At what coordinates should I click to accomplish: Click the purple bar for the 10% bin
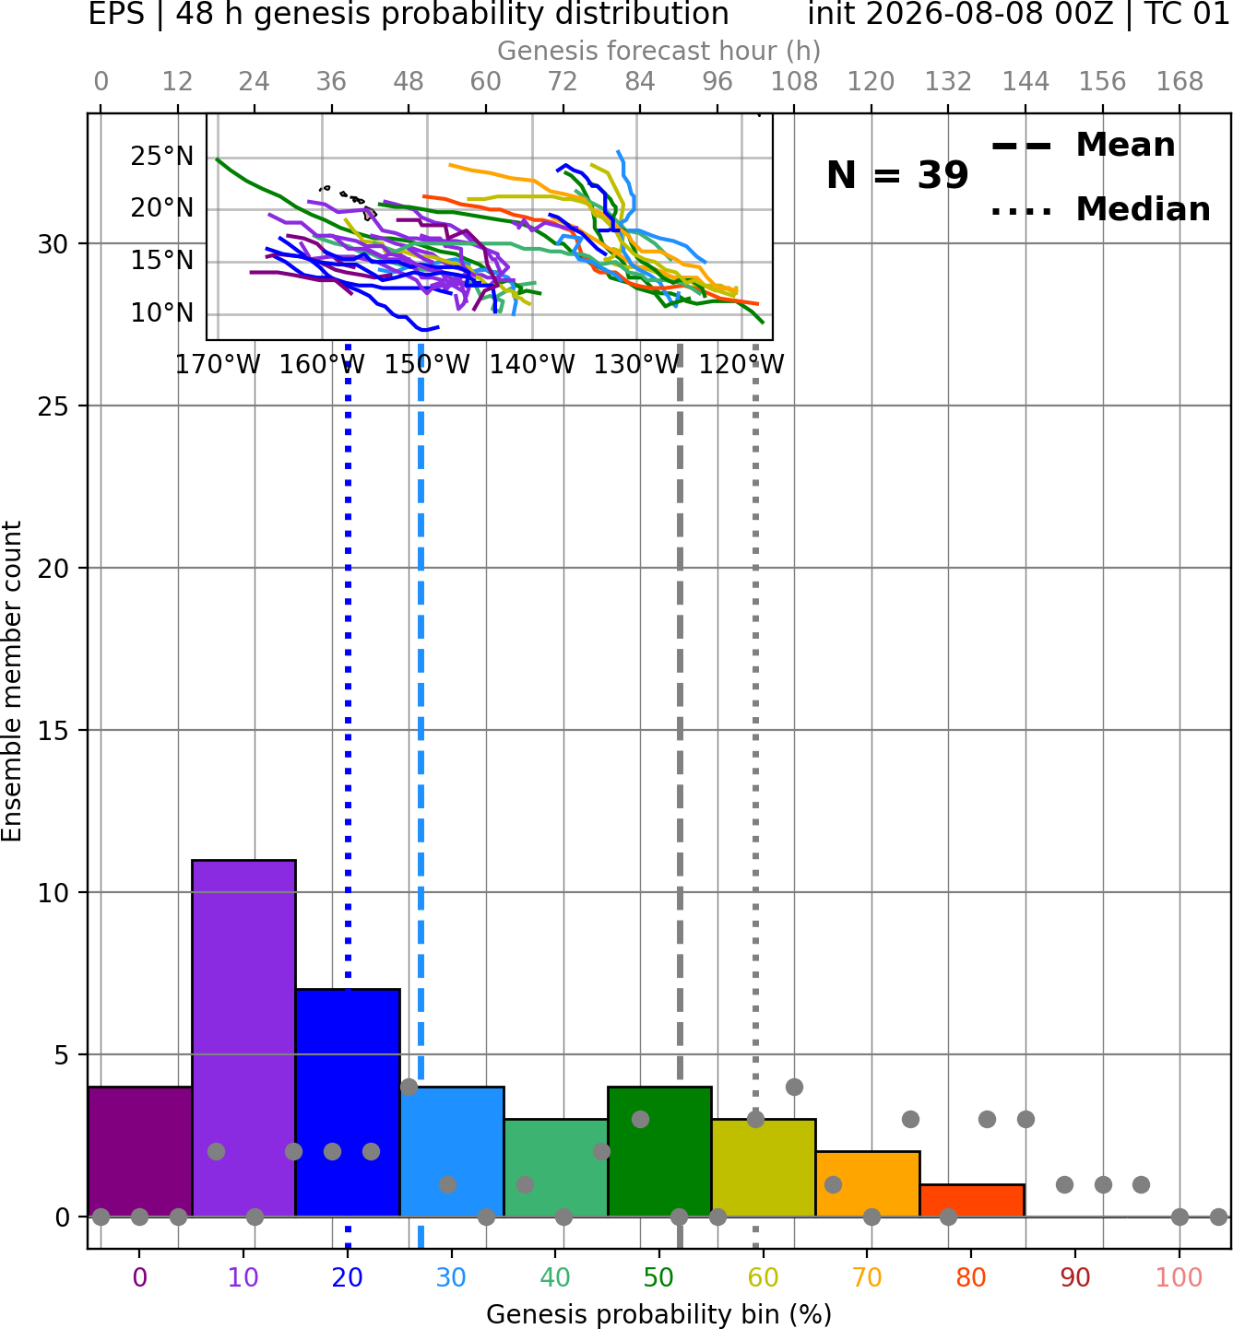(x=243, y=1038)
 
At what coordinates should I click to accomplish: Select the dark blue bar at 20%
(x=349, y=1102)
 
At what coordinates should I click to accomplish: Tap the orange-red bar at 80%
(x=972, y=1201)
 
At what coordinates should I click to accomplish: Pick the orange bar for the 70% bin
(x=868, y=1183)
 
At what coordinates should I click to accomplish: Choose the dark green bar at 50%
(x=659, y=1152)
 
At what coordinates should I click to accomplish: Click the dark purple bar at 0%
(x=140, y=1152)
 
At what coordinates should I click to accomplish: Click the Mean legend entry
(x=1083, y=146)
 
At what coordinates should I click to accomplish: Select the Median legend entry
(x=1100, y=209)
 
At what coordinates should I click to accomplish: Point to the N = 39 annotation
(x=897, y=175)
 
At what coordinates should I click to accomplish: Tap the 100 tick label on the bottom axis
(x=1180, y=1277)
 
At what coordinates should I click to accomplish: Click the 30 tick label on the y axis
(x=53, y=244)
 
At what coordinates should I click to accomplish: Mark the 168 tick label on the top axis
(x=1180, y=82)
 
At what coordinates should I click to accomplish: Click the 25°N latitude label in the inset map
(x=162, y=157)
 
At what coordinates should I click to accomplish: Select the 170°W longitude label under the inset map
(x=218, y=365)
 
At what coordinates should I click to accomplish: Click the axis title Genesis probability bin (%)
(x=659, y=1314)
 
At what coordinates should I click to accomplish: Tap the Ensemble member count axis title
(x=12, y=681)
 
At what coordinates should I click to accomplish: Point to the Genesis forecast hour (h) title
(x=659, y=51)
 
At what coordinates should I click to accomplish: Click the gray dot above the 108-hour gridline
(x=794, y=1087)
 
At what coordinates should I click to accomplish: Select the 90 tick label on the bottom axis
(x=1075, y=1277)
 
